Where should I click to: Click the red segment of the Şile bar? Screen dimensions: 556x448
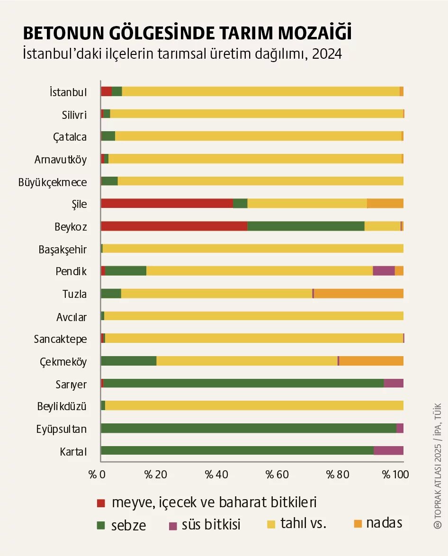pos(167,203)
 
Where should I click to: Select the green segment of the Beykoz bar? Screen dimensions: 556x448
pos(306,226)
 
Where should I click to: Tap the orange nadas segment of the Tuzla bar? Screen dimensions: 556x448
pos(358,294)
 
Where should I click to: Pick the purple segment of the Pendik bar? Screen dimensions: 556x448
pos(384,271)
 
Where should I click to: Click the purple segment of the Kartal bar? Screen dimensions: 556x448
pos(388,450)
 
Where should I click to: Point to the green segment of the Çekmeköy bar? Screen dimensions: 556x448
pos(128,361)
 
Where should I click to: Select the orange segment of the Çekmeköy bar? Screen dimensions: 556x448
pos(371,361)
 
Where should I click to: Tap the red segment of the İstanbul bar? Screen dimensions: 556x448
pos(106,91)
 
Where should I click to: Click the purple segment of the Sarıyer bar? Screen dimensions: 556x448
pos(394,383)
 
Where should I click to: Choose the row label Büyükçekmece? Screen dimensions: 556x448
pos(53,181)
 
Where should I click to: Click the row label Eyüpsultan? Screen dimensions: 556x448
pos(62,430)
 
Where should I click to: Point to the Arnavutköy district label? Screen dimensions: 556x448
pos(61,159)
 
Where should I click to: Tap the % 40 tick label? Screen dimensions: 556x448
pos(215,474)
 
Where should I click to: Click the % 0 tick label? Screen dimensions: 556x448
pos(97,474)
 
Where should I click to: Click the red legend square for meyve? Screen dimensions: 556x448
pos(100,502)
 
